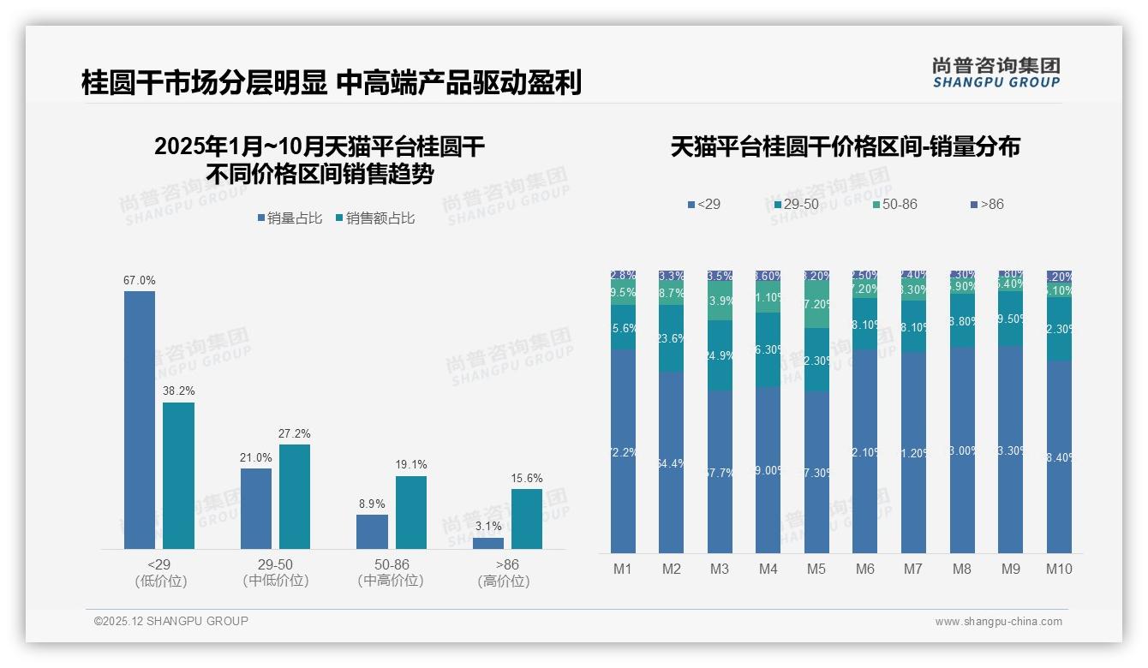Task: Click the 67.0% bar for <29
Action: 140,420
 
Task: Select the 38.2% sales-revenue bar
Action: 178,475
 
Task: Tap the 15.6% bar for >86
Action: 526,518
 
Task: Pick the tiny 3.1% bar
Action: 487,543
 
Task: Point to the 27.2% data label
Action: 295,433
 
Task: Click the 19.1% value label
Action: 411,465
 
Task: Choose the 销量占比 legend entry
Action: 290,218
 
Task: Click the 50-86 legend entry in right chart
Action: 894,204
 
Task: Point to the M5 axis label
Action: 816,569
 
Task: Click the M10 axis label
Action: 1059,569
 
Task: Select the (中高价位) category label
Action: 391,581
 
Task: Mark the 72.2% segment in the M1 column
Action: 623,450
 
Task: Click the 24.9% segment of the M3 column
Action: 720,355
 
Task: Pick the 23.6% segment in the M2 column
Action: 671,338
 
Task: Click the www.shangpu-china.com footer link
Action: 998,622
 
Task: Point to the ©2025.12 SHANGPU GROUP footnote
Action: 171,621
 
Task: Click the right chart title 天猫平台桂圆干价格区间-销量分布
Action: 845,147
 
